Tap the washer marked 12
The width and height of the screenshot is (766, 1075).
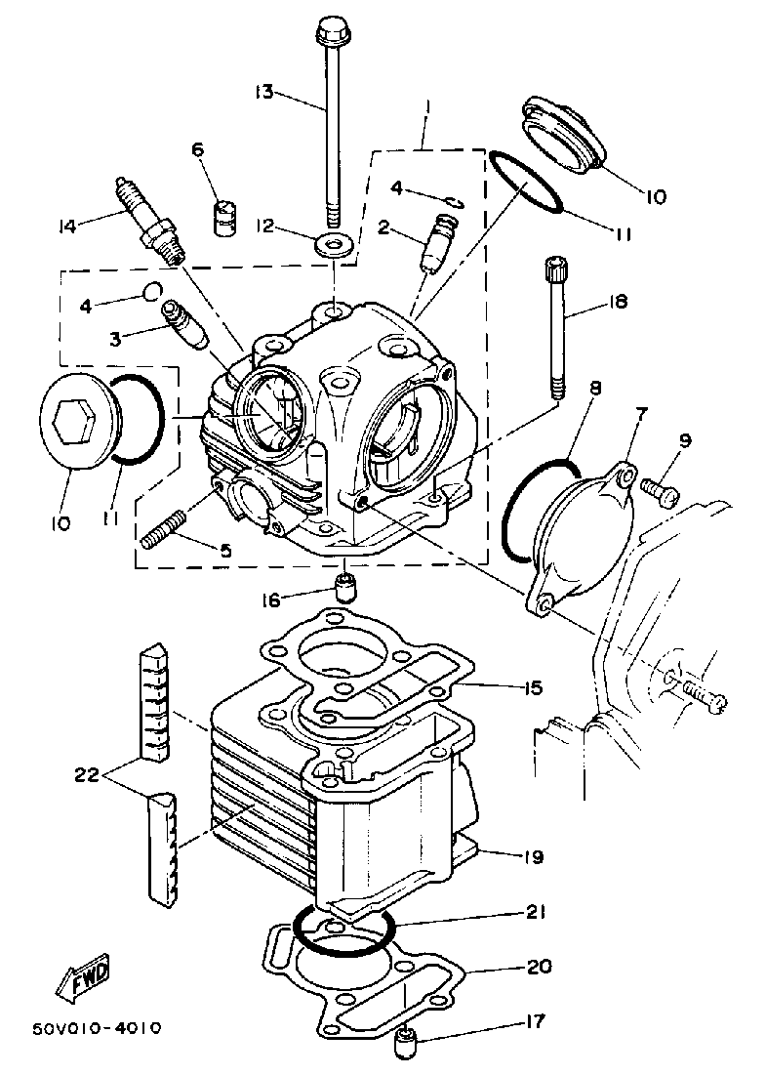point(336,241)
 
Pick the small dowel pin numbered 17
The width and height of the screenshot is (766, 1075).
point(405,1047)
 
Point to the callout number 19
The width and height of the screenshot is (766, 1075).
point(532,858)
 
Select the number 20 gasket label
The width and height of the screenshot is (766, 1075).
point(538,968)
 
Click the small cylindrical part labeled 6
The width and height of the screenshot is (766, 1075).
point(226,216)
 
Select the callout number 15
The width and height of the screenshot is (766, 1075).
point(531,688)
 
